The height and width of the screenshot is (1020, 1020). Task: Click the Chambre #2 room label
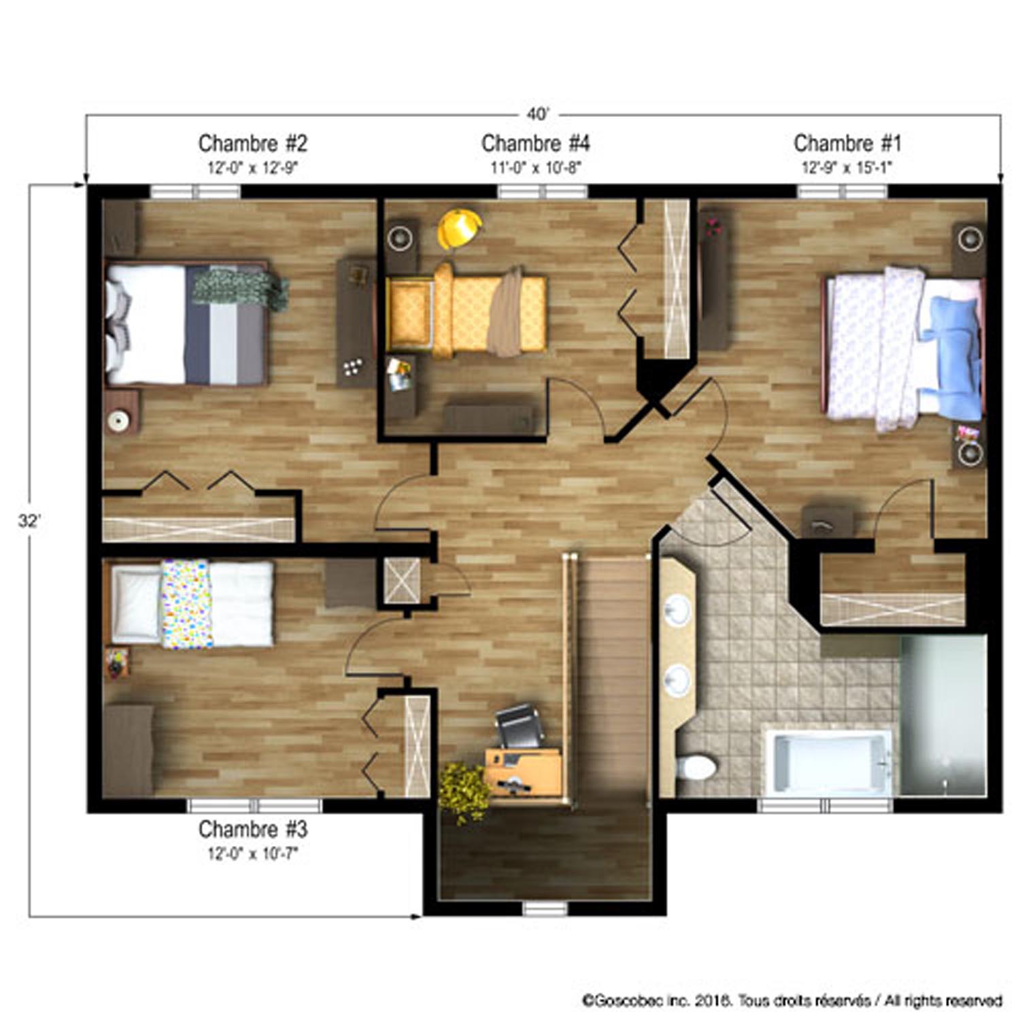tap(252, 143)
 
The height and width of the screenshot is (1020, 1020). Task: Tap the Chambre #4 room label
tap(535, 143)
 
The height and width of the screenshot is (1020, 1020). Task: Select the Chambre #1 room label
tap(847, 143)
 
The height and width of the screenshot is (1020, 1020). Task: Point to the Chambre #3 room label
tap(252, 830)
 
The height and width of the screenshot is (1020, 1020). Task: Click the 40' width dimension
tap(537, 114)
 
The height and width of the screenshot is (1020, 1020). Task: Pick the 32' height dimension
tap(29, 522)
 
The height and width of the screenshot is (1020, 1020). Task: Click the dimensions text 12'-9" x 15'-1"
tap(847, 167)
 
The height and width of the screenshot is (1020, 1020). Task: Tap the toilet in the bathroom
tap(696, 768)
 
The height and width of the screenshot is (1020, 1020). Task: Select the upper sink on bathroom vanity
tap(677, 610)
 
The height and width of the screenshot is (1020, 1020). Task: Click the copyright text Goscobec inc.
tap(792, 1000)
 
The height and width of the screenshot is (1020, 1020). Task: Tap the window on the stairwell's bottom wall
tap(545, 908)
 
